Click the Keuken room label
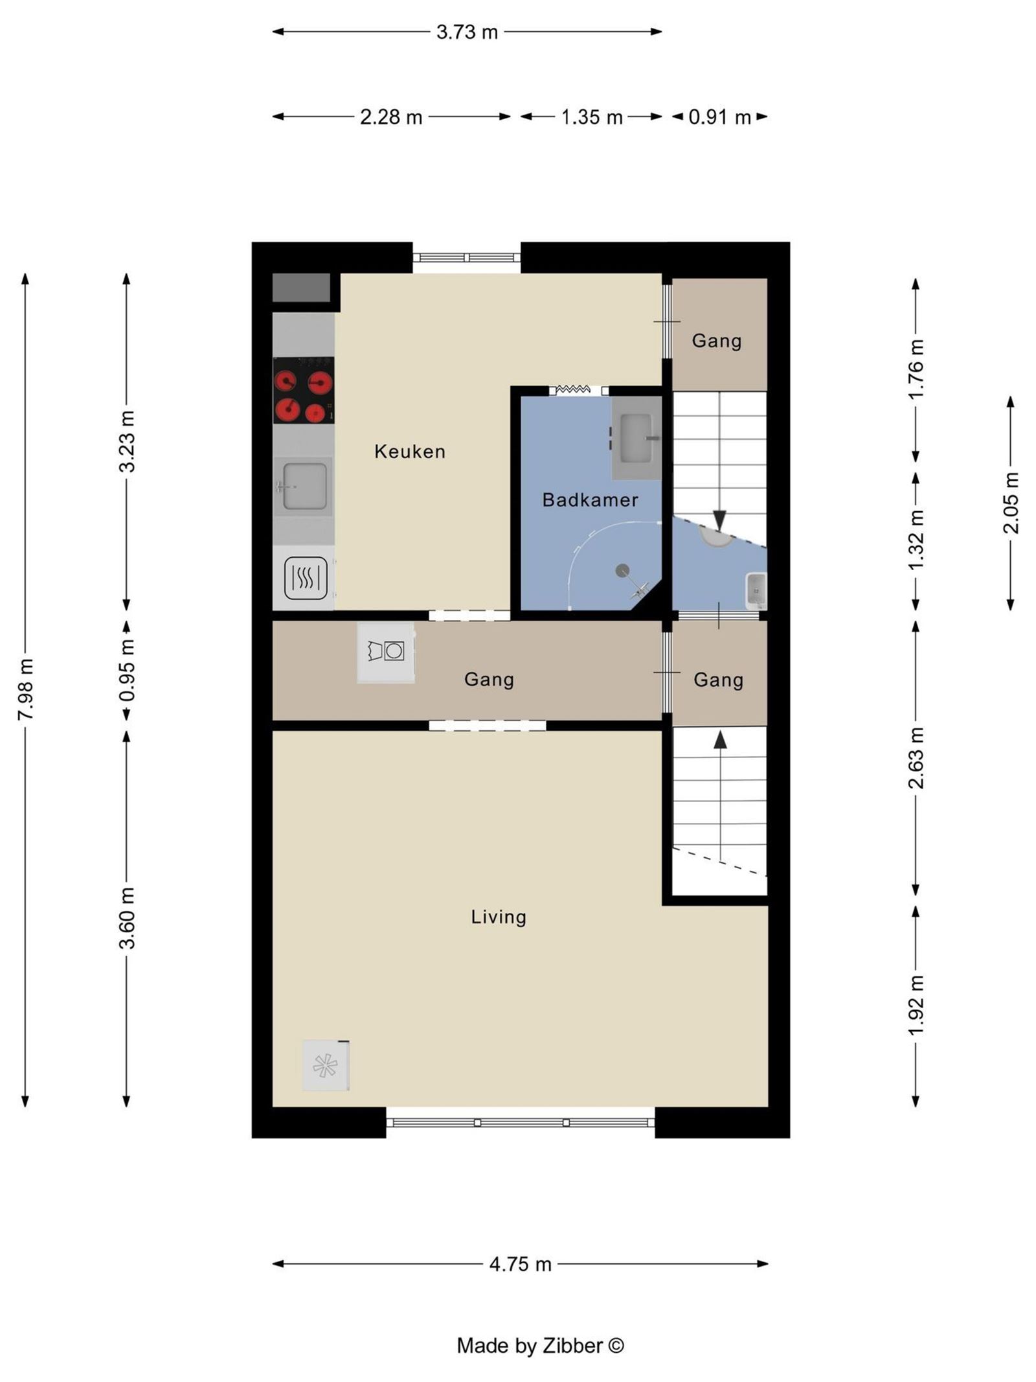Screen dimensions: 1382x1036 click(x=410, y=452)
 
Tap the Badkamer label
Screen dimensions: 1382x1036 click(x=590, y=500)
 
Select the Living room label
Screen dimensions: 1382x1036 click(x=498, y=917)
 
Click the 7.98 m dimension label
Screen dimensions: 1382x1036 click(x=26, y=689)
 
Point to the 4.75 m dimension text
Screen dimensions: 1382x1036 click(x=520, y=1264)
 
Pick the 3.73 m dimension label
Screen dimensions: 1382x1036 click(x=466, y=32)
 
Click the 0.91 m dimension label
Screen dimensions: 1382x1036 click(x=719, y=117)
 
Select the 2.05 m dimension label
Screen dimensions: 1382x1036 click(x=1011, y=503)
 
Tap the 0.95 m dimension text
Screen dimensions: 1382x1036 click(x=127, y=671)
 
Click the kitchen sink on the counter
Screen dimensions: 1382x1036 click(x=303, y=486)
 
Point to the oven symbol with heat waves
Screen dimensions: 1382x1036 click(x=306, y=577)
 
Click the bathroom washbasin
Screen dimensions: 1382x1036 click(x=635, y=438)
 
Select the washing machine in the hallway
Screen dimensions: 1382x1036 click(x=386, y=652)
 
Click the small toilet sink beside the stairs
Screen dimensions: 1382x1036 click(x=756, y=590)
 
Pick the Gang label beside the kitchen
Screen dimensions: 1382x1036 click(x=716, y=341)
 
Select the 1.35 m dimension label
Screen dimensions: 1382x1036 click(x=591, y=117)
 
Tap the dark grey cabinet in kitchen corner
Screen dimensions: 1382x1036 click(x=301, y=288)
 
